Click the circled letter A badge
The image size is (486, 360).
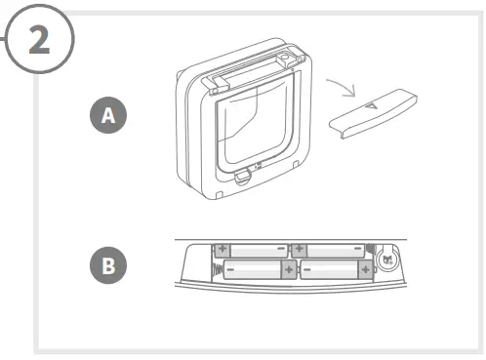coord(108,115)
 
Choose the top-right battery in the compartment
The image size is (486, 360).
coord(329,251)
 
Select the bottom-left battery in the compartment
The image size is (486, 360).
coord(259,268)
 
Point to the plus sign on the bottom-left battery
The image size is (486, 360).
coord(287,267)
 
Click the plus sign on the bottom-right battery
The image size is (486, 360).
coord(364,267)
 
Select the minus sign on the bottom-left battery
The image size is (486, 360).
coord(230,267)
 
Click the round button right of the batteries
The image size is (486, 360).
coord(387,260)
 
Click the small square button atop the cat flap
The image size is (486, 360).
coord(285,60)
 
